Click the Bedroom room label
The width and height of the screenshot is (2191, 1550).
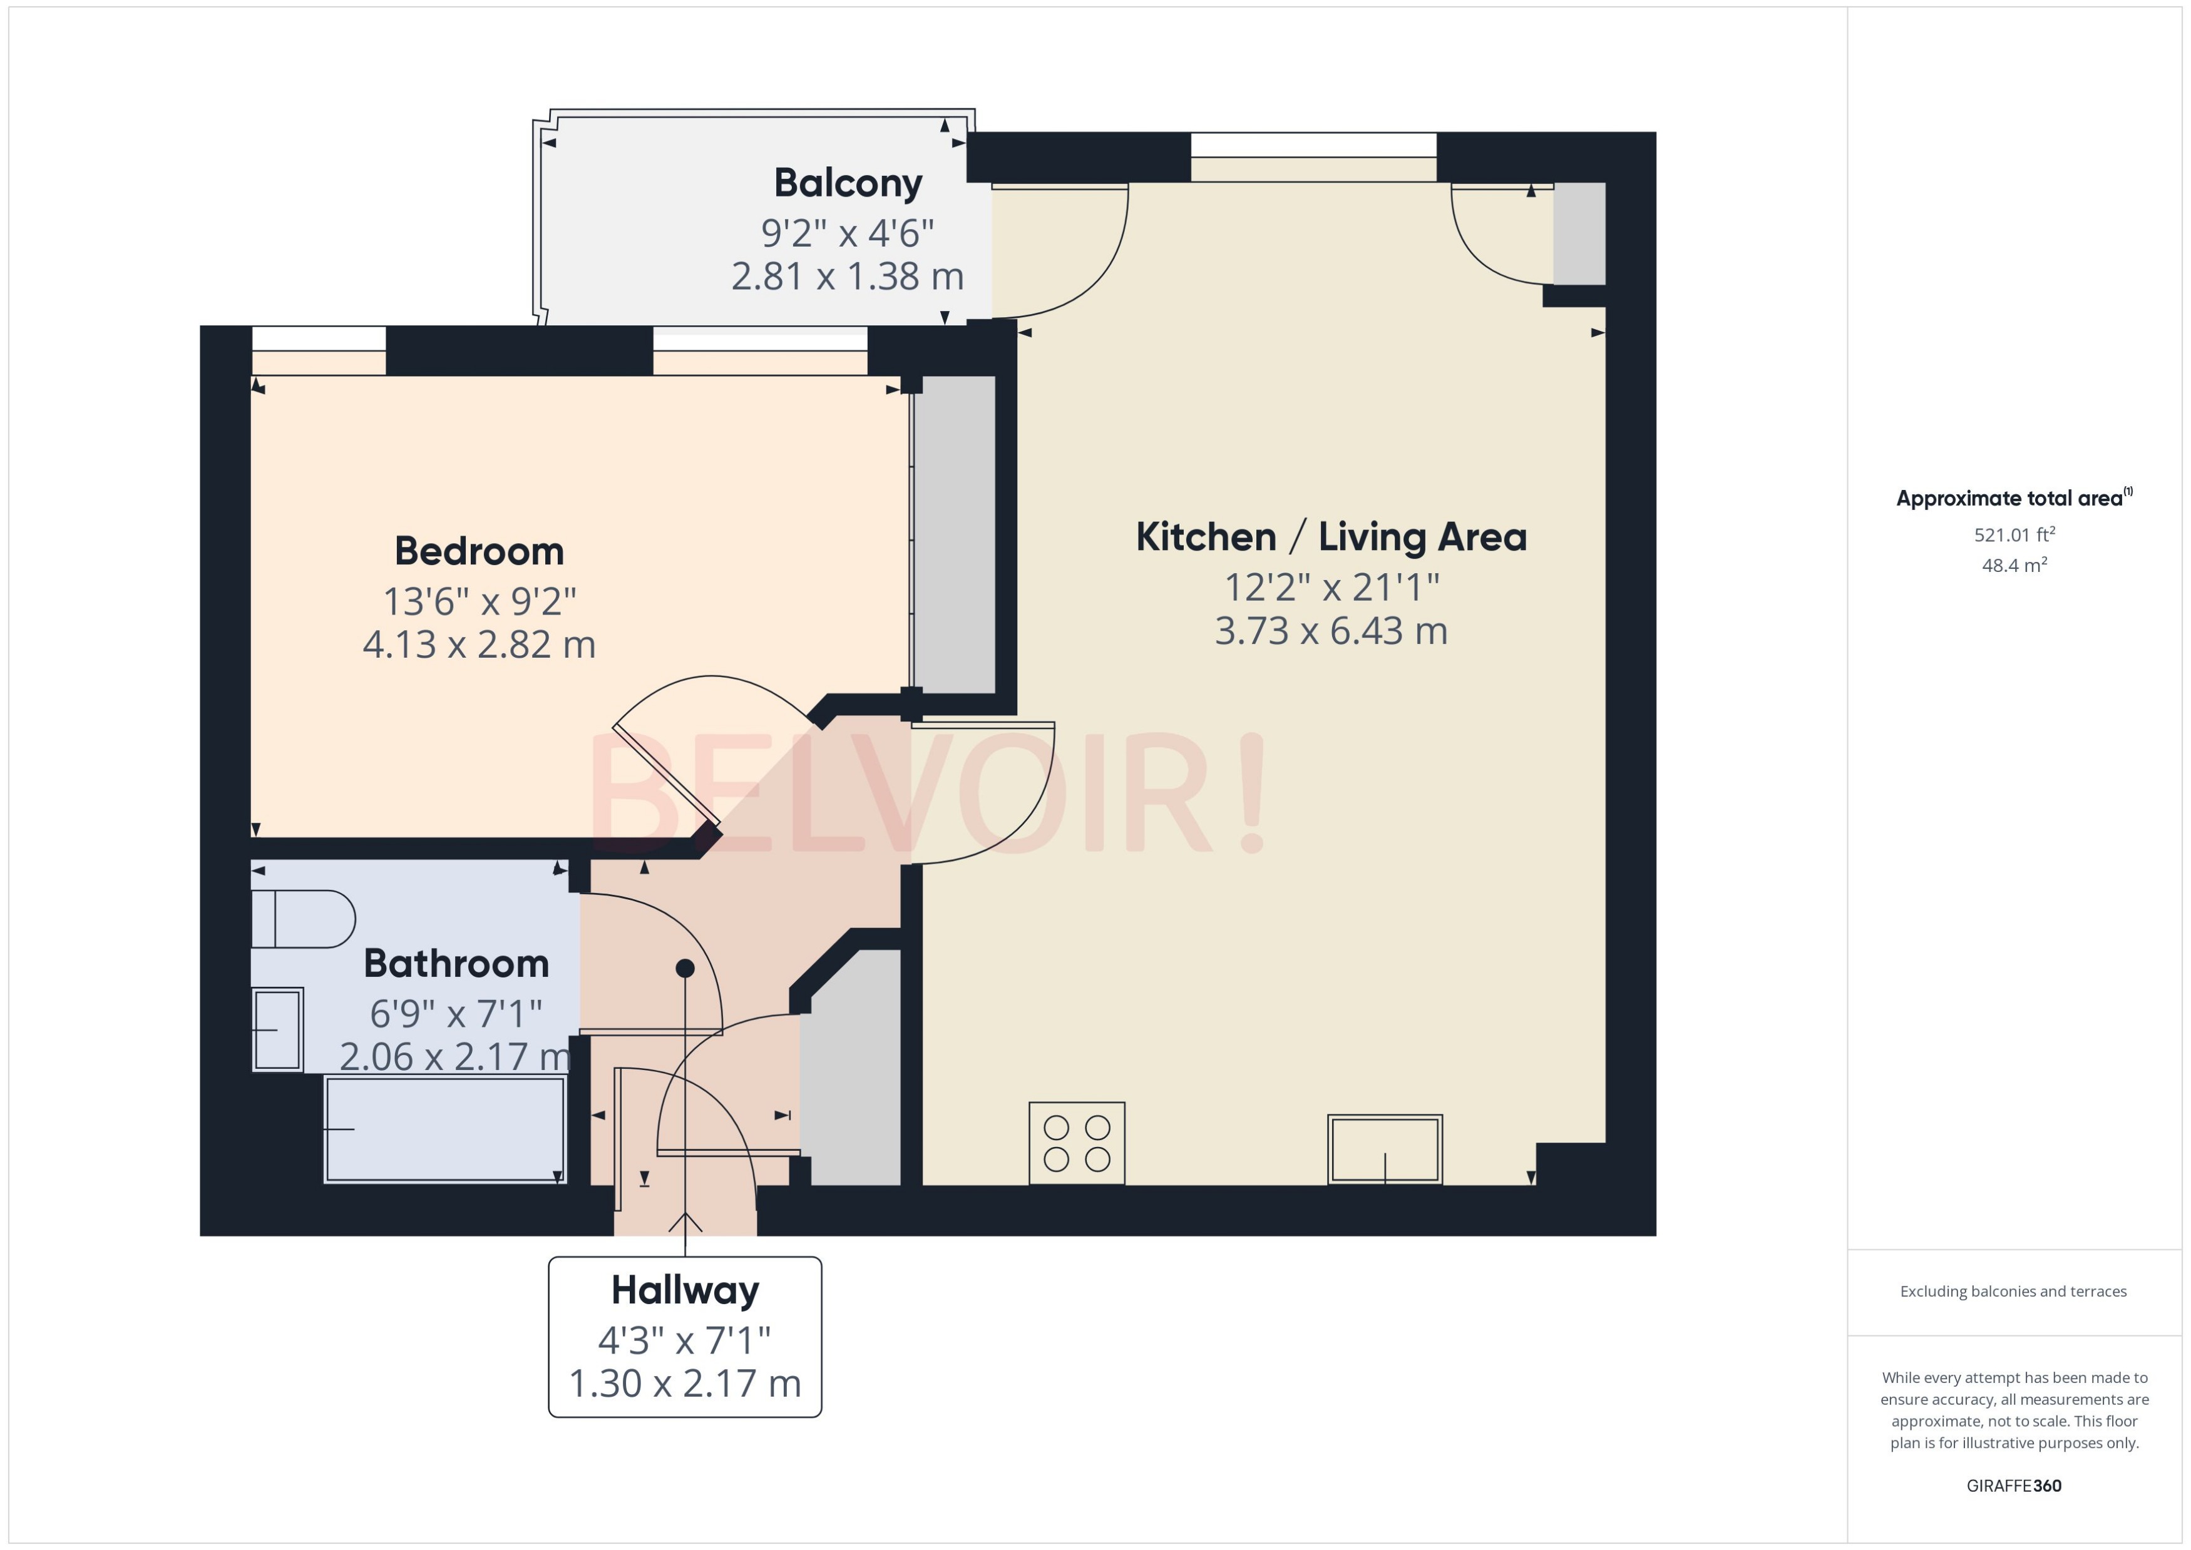480,552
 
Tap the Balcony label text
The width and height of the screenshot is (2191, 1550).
848,183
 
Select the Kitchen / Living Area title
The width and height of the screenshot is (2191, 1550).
1331,538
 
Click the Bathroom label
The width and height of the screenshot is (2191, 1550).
456,964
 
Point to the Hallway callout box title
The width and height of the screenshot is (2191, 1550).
684,1290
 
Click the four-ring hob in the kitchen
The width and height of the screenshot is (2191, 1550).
1077,1143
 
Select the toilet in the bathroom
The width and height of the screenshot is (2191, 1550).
304,919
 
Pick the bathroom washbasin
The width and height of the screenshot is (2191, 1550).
278,1030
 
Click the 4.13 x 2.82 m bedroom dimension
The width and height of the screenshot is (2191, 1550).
480,645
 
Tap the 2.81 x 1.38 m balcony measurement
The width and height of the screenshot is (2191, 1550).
848,277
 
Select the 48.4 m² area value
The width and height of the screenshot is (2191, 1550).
2014,565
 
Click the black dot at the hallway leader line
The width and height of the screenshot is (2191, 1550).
684,968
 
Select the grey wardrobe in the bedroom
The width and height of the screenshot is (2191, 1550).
955,534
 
